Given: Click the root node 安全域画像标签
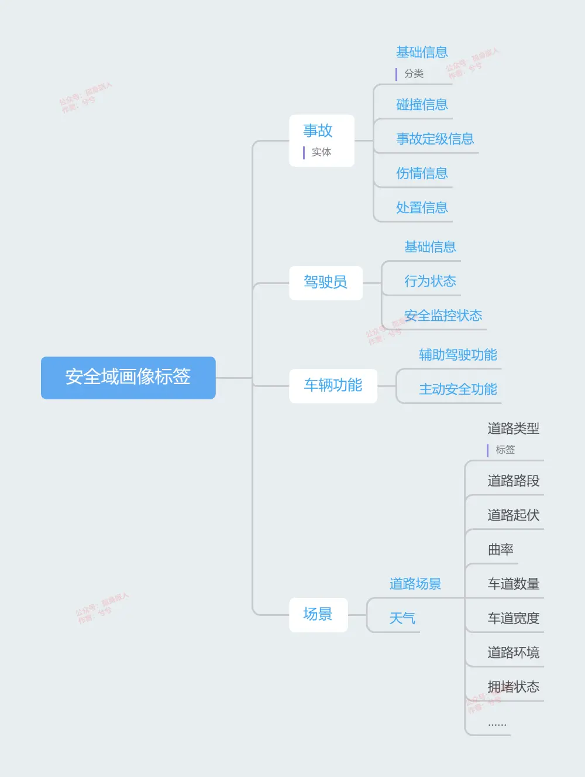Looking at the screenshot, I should pos(128,377).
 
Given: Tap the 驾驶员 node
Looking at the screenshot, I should pos(325,283).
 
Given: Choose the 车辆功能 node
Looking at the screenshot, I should pos(333,385).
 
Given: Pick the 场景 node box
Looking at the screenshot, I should pos(318,614).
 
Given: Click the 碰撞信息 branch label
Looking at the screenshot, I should pos(422,105).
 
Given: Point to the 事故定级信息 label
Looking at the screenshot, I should pos(435,139).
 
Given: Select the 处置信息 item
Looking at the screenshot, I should pos(422,208).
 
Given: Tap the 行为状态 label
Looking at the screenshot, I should pos(430,282).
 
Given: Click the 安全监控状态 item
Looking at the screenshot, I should pos(443,316).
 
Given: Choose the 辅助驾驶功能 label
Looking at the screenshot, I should pos(457,355).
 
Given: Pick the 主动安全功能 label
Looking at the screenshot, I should pos(457,389).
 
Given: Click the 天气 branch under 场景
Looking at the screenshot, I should pos(402,618).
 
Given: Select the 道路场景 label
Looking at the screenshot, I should pos(415,584).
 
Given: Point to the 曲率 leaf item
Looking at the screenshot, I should pos(501,550).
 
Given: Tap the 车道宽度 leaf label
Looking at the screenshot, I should pos(513,618).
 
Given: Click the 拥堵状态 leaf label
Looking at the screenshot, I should pos(513,687).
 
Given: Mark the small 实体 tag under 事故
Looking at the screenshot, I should pos(321,152).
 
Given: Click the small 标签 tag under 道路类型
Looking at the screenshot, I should pos(505,450).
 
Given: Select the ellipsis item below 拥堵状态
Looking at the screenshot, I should pos(497,724).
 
